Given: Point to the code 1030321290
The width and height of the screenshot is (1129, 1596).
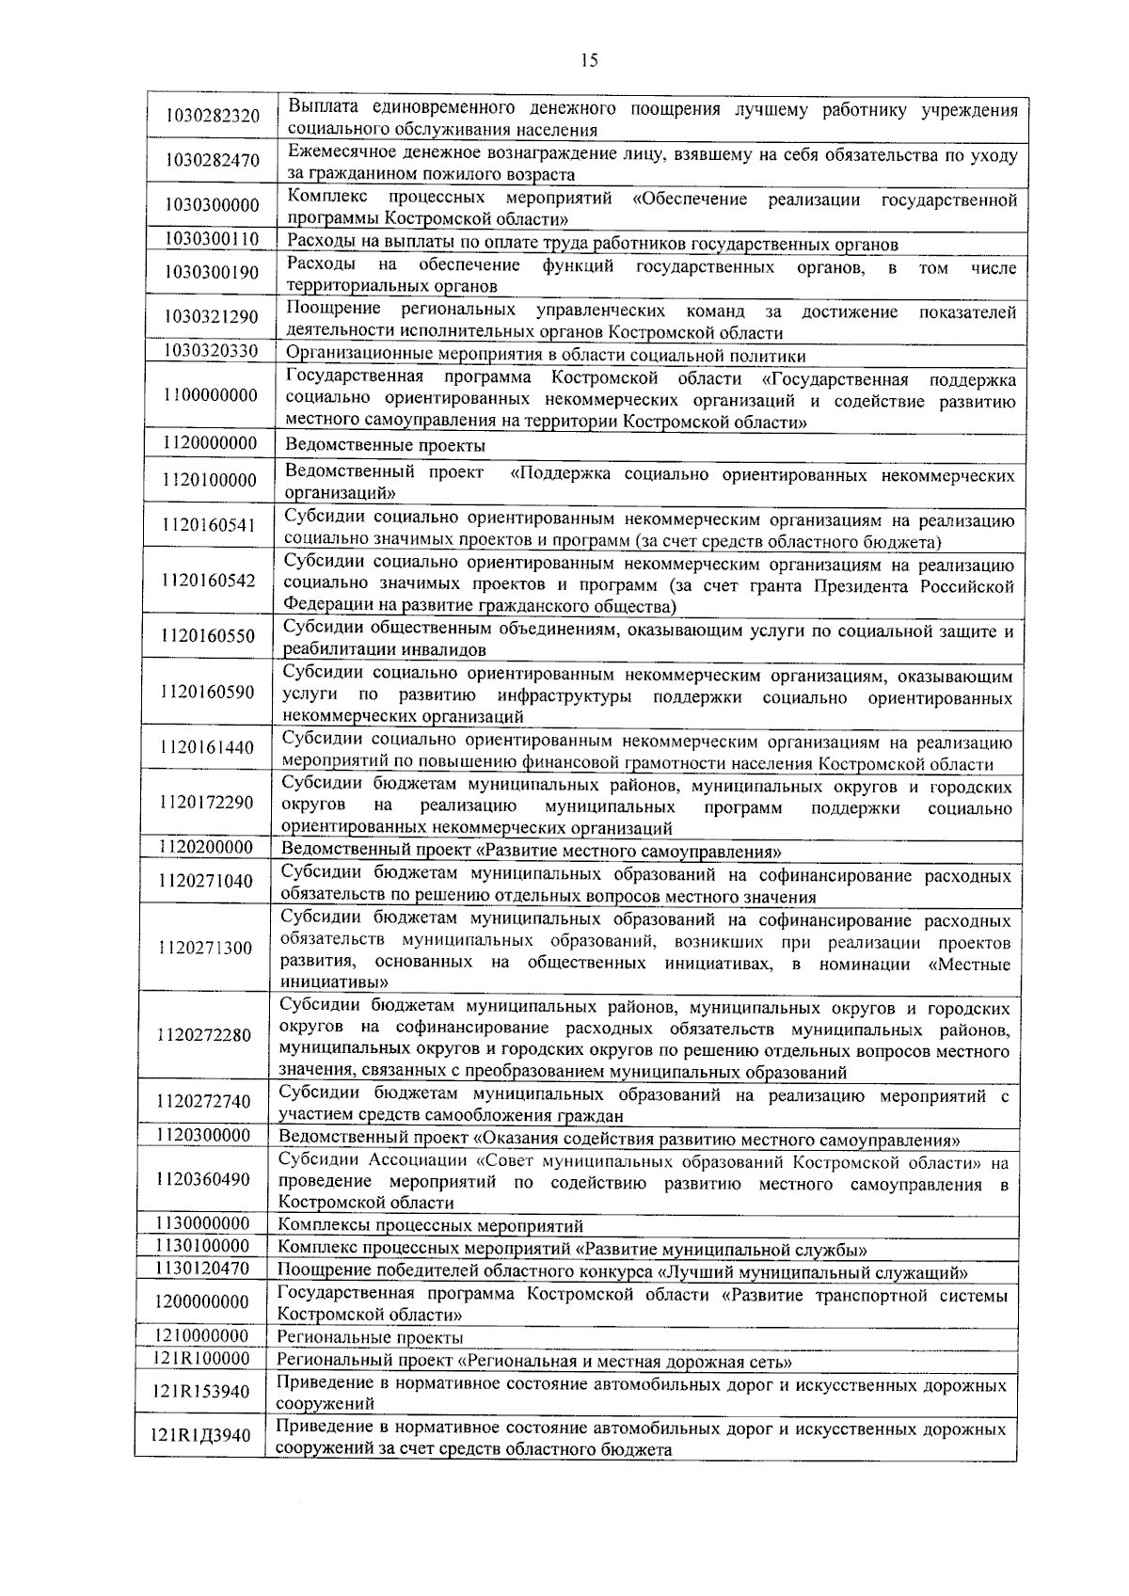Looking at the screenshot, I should point(212,317).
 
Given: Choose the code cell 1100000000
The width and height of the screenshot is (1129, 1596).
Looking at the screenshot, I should point(210,395).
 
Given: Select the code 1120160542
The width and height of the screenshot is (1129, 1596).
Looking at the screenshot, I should point(209,581).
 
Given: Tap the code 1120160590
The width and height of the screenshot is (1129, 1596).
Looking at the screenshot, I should point(208,693).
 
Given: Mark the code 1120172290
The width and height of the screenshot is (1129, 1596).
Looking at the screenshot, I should point(207,803).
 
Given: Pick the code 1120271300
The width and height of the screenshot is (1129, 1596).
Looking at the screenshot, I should point(206,948).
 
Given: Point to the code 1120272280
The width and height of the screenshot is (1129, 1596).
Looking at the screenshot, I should point(205,1035).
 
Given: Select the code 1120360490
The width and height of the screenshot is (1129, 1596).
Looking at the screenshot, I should point(204,1179).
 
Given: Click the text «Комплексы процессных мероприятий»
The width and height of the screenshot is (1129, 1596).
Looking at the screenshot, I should point(431,1226).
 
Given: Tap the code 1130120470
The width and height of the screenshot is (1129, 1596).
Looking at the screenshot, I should point(204,1269).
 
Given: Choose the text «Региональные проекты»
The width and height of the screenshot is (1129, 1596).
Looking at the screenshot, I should point(371,1337).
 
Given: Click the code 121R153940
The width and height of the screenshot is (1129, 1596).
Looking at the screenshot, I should point(201,1392).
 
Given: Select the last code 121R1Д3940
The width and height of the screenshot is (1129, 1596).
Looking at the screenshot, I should point(201,1436).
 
